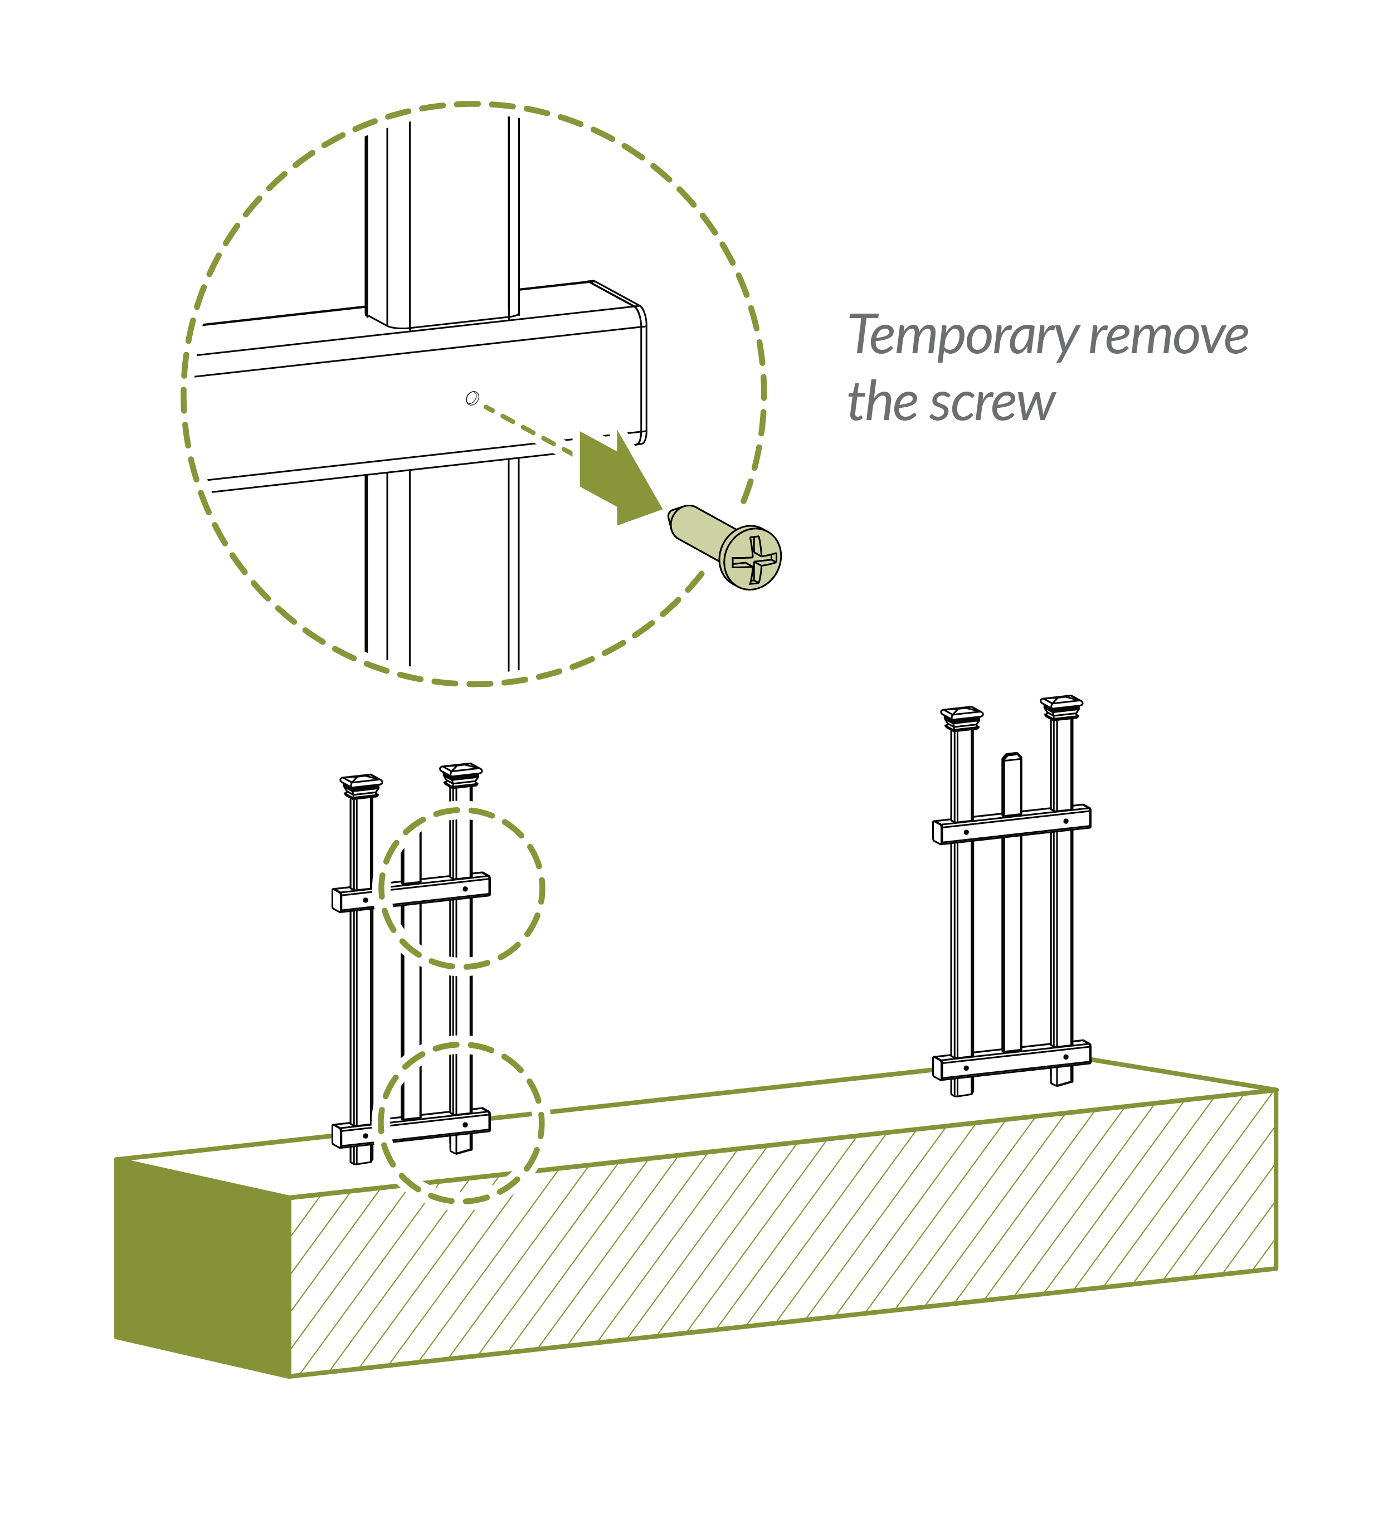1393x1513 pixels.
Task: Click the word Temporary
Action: tap(964, 336)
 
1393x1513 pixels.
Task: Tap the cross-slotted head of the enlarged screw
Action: tap(751, 558)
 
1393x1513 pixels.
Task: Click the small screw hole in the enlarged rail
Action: tap(473, 398)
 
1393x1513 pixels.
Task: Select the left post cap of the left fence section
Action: tap(361, 784)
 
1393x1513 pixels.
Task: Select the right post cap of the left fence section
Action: tap(461, 773)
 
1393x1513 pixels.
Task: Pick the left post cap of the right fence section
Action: tap(962, 716)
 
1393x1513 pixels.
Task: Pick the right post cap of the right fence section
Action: tap(1061, 706)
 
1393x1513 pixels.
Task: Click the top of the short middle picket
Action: tap(1011, 756)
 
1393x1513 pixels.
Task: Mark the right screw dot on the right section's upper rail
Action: tap(1066, 821)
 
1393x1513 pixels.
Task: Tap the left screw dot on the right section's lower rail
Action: tap(966, 1068)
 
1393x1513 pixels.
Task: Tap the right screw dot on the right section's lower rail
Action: tap(1066, 1056)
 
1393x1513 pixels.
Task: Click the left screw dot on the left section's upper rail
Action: tap(366, 900)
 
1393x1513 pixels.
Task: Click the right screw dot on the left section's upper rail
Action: tap(465, 889)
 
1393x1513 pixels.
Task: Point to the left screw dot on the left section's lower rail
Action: tap(366, 1135)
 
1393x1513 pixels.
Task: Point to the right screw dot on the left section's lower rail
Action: tap(465, 1124)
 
